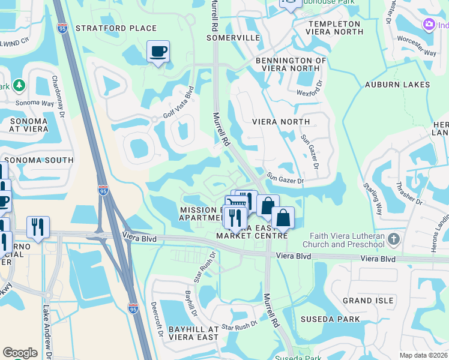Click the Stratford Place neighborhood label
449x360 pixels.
click(x=116, y=28)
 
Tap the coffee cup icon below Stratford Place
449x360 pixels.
click(x=158, y=52)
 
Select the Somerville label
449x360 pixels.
click(x=233, y=37)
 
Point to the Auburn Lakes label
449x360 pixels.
click(x=397, y=85)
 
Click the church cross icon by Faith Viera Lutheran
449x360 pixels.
click(x=393, y=240)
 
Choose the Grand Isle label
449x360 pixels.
click(x=367, y=300)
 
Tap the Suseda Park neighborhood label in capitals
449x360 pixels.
click(x=330, y=319)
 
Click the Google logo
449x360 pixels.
click(x=20, y=353)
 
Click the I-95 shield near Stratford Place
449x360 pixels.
click(x=62, y=28)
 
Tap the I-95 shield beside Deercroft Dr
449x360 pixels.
click(x=133, y=308)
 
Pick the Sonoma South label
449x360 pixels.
click(x=39, y=160)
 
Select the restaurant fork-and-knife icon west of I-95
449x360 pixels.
click(x=38, y=227)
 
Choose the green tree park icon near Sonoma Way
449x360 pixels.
click(x=19, y=86)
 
